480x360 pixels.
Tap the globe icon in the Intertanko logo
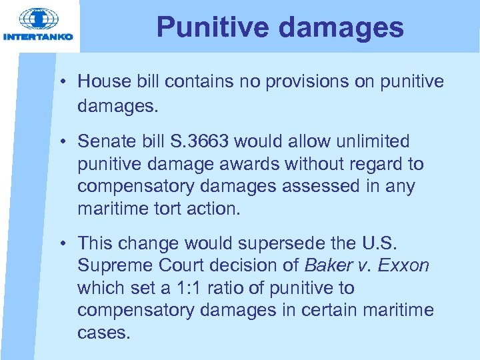pyautogui.click(x=38, y=19)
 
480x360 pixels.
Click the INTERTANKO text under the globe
pyautogui.click(x=38, y=37)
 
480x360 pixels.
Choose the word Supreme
pyautogui.click(x=109, y=266)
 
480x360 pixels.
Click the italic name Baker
pyautogui.click(x=327, y=266)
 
